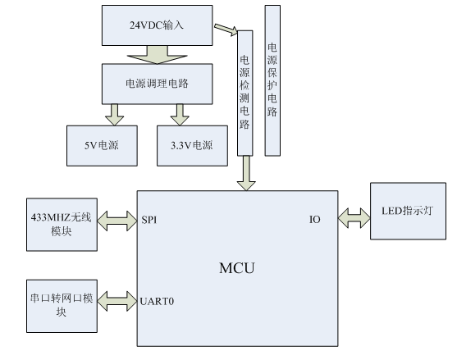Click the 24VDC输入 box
click(x=157, y=25)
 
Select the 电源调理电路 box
click(x=157, y=84)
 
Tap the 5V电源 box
click(x=102, y=146)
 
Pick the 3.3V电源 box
click(x=192, y=146)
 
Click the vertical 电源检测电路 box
click(x=245, y=93)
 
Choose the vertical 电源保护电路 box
click(x=272, y=80)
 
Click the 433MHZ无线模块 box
click(x=62, y=225)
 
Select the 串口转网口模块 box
click(x=62, y=306)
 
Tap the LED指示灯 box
click(x=408, y=212)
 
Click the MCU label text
click(x=237, y=268)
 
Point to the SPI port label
click(x=149, y=220)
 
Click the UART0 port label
click(x=157, y=301)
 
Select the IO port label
click(x=315, y=219)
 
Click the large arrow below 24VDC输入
click(x=157, y=55)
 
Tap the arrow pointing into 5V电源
click(x=115, y=115)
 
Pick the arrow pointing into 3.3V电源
click(x=180, y=115)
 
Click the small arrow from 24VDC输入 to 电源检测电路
click(x=226, y=30)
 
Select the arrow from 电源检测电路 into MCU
click(x=246, y=173)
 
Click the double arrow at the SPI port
click(x=117, y=221)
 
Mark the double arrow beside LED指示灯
click(x=354, y=218)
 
